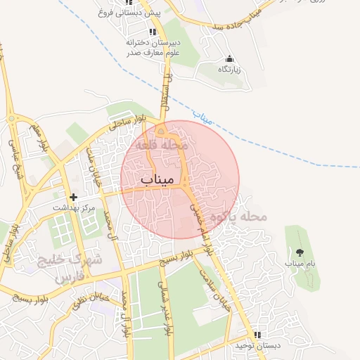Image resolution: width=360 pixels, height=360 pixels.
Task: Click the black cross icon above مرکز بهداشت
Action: (x=73, y=197)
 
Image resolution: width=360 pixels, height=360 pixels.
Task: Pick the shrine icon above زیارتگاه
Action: (x=228, y=58)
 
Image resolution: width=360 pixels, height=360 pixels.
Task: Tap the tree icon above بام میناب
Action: (x=300, y=252)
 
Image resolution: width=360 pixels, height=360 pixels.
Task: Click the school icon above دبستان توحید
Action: (x=257, y=335)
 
